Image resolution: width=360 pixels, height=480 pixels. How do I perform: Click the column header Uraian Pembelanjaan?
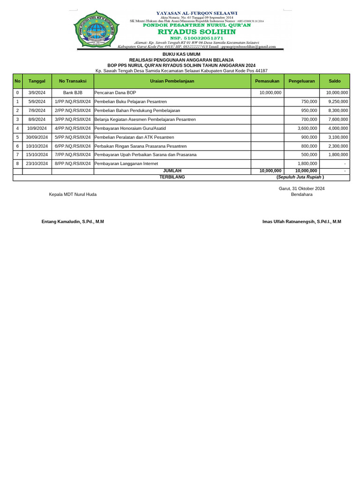pos(172,81)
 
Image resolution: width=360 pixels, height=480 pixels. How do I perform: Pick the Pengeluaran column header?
pos(301,81)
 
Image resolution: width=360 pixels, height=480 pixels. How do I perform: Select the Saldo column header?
pos(335,81)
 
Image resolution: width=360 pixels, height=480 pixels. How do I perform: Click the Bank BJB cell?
pos(73,93)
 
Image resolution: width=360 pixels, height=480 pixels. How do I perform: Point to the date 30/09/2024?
pos(37,137)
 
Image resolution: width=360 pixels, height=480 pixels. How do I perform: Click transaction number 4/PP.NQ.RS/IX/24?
pos(73,128)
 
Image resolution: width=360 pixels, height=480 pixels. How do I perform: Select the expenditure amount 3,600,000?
pos(307,128)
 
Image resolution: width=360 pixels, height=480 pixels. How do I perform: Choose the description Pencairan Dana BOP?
pos(115,93)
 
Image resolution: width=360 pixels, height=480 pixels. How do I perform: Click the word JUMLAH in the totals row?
pos(172,171)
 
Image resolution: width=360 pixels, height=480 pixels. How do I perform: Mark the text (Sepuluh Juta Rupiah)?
pos(300,177)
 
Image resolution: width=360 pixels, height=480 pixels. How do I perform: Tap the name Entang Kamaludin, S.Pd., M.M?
pos(73,222)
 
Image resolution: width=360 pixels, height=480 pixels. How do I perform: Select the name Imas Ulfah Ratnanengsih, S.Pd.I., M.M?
pos(301,222)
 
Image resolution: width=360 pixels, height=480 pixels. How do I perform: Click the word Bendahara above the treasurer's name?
pos(301,194)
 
